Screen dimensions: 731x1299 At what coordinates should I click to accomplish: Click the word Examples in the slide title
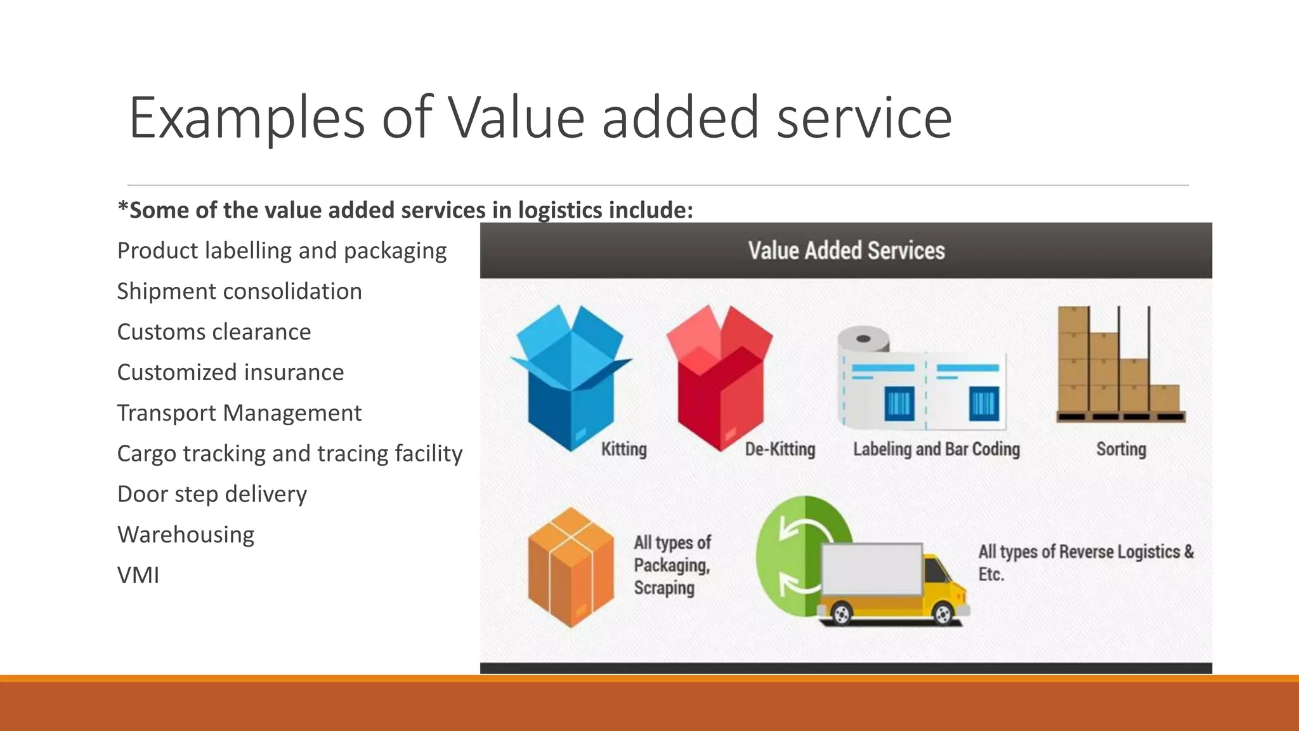click(247, 119)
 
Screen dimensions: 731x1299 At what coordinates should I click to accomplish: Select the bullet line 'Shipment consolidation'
click(239, 292)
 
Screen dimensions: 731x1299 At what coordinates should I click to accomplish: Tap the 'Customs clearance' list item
click(214, 333)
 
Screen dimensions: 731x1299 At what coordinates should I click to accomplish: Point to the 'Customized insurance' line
click(230, 372)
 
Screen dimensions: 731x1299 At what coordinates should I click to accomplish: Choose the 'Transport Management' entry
click(239, 413)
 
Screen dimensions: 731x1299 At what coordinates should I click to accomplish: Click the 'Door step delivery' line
click(212, 494)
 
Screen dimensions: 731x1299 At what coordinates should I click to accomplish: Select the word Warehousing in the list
click(186, 535)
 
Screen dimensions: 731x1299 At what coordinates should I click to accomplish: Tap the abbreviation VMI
click(138, 576)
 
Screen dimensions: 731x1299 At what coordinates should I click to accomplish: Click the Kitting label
click(623, 449)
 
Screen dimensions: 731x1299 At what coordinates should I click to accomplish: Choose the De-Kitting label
click(780, 449)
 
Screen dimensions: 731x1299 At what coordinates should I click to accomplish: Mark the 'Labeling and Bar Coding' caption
click(936, 449)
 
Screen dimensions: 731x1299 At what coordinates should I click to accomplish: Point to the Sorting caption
click(1121, 449)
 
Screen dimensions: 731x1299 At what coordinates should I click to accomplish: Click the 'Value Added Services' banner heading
click(846, 251)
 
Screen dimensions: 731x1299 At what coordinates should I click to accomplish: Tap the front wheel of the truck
click(943, 614)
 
